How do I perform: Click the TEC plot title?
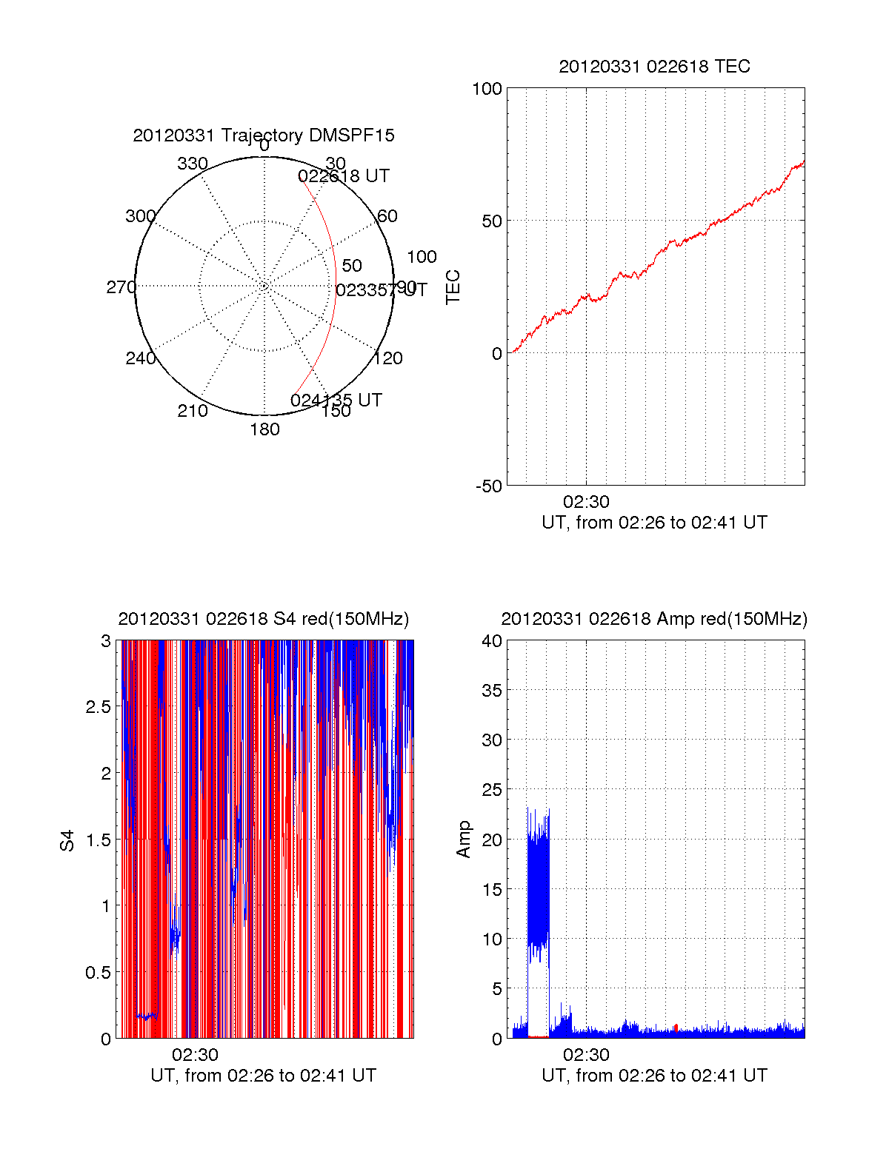click(654, 67)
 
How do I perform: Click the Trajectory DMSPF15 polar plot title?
click(264, 135)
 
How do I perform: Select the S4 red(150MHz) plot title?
click(263, 619)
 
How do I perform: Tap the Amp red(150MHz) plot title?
click(654, 619)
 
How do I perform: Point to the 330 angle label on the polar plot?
click(193, 164)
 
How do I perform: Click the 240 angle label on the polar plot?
click(140, 358)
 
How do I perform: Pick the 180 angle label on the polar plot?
click(264, 429)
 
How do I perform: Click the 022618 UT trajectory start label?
click(344, 176)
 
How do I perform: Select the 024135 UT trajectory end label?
click(336, 401)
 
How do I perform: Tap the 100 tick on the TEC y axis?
click(487, 89)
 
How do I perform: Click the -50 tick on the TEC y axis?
click(489, 486)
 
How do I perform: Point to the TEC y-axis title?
click(453, 287)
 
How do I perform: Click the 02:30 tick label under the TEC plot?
click(586, 502)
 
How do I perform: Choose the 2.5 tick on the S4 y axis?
click(99, 707)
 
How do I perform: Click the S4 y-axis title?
click(67, 840)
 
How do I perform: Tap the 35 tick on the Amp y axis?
click(492, 691)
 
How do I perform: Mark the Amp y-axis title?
click(464, 840)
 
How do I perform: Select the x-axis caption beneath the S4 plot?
click(263, 1076)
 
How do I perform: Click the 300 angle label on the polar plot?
click(140, 216)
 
